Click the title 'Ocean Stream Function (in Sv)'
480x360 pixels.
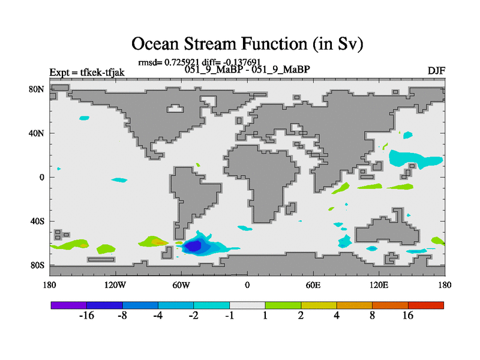pos(247,43)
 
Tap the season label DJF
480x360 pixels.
pos(436,71)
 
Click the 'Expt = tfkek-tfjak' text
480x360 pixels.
pos(87,73)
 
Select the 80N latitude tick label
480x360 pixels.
pos(37,89)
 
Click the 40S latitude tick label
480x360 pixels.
pos(37,221)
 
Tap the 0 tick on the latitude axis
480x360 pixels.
pos(41,177)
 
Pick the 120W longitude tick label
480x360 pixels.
pos(115,286)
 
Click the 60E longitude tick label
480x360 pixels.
pos(313,286)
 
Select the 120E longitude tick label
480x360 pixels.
pos(379,286)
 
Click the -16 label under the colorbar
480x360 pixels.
pos(86,316)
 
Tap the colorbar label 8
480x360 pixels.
pos(372,316)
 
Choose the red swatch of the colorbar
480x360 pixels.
pos(426,305)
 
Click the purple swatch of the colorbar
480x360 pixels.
pos(69,305)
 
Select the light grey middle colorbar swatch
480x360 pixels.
pos(247,305)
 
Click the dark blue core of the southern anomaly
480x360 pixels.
pos(193,246)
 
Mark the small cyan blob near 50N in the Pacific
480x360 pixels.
pos(84,118)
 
